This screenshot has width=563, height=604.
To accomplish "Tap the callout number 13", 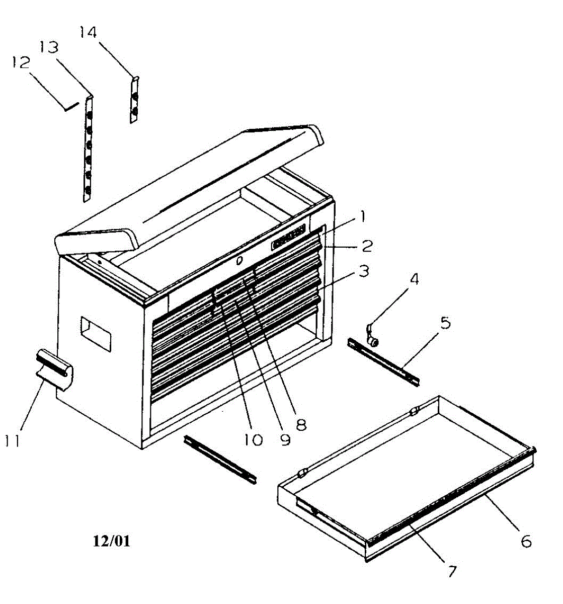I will pyautogui.click(x=49, y=47).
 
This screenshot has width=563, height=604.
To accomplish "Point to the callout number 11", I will pyautogui.click(x=12, y=440).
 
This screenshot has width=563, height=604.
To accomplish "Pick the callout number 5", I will pyautogui.click(x=445, y=322).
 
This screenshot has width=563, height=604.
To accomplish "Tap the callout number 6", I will pyautogui.click(x=525, y=541).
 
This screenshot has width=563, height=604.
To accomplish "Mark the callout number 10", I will pyautogui.click(x=253, y=439).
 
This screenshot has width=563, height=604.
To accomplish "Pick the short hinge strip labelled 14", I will pyautogui.click(x=134, y=101).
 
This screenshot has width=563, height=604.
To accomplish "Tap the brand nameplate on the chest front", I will pyautogui.click(x=288, y=238).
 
